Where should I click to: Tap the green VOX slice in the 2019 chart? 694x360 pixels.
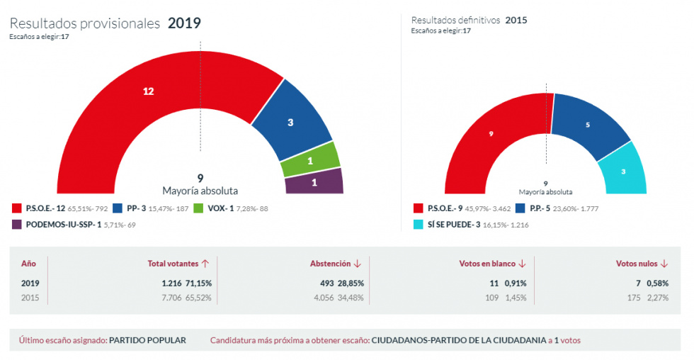[x=310, y=160]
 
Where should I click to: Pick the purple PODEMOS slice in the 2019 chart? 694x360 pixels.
[x=314, y=181]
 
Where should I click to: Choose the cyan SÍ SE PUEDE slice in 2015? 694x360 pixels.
[x=623, y=171]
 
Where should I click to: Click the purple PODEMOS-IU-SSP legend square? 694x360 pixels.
[x=17, y=225]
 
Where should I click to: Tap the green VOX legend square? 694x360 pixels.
[x=198, y=208]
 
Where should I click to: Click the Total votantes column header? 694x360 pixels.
[x=178, y=264]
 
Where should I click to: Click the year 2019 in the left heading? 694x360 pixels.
[x=184, y=23]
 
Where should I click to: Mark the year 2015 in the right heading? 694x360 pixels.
[x=516, y=20]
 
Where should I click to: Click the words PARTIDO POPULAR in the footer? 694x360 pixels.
[x=147, y=340]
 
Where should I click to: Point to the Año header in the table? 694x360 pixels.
[x=28, y=264]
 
